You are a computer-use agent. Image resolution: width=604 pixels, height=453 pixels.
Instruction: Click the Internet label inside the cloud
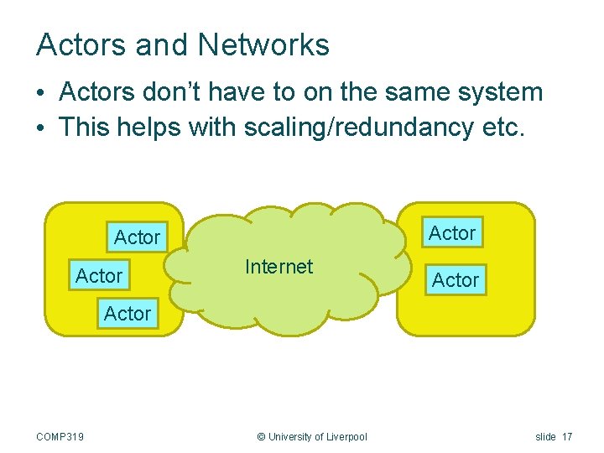pyautogui.click(x=279, y=267)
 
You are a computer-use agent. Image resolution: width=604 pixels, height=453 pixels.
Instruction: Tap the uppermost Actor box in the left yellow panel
pyautogui.click(x=137, y=238)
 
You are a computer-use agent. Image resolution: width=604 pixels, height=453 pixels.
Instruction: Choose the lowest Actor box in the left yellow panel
pyautogui.click(x=128, y=314)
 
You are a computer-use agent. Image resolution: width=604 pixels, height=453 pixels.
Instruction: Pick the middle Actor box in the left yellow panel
pyautogui.click(x=99, y=276)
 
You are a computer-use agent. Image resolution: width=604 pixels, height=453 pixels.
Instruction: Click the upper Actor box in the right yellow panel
pyautogui.click(x=452, y=233)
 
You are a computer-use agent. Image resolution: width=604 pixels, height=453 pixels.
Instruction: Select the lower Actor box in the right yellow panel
pyautogui.click(x=456, y=280)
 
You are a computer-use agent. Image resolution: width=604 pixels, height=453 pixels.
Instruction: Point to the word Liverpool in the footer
pyautogui.click(x=346, y=436)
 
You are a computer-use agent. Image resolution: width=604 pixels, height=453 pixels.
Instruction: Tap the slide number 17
pyautogui.click(x=568, y=436)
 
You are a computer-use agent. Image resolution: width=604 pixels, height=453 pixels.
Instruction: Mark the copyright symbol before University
pyautogui.click(x=261, y=436)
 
